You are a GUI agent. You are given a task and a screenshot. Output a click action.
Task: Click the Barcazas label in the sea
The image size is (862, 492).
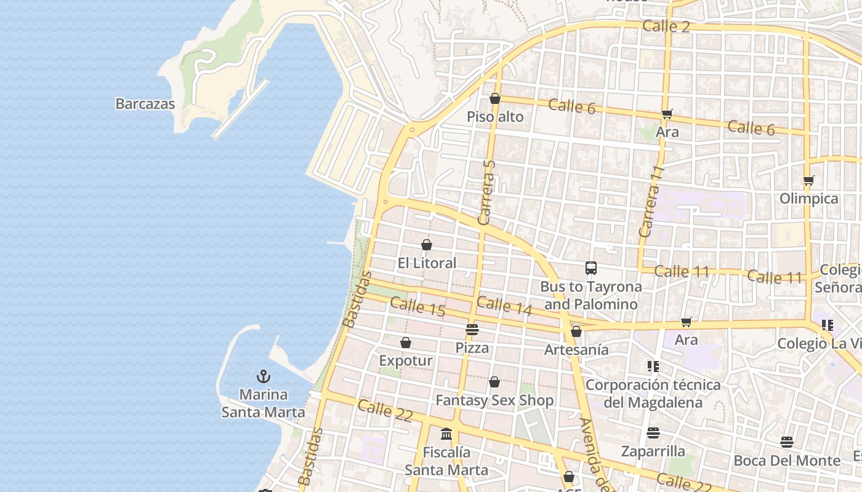[145, 104]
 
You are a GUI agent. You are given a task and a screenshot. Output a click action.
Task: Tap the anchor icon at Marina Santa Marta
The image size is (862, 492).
[264, 376]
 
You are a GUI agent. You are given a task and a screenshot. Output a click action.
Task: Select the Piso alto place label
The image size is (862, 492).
[495, 117]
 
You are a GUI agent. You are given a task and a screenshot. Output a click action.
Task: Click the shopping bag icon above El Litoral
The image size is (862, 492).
[427, 245]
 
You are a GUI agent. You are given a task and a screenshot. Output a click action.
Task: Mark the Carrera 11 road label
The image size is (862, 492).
[651, 201]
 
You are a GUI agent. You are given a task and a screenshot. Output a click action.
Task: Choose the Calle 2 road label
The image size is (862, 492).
[666, 26]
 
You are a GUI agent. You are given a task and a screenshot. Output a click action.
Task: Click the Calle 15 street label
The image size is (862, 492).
[417, 306]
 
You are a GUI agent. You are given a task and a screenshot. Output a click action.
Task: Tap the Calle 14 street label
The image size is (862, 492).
[504, 306]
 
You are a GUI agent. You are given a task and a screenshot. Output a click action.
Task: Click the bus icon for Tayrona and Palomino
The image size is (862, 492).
[591, 268]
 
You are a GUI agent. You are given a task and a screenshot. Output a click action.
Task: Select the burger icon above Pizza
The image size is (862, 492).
[472, 329]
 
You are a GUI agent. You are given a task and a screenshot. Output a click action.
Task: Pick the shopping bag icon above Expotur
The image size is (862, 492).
[406, 343]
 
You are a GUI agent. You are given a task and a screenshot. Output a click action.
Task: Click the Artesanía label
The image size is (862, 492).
[576, 350]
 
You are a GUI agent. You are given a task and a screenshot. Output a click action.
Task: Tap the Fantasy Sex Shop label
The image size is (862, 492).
[494, 400]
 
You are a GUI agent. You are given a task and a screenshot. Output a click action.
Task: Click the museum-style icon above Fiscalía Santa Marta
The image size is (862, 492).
[446, 434]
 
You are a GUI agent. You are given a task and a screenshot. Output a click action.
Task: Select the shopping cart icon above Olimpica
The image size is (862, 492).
[808, 181]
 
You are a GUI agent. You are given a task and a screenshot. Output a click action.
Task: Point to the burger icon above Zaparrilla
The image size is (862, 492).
[653, 432]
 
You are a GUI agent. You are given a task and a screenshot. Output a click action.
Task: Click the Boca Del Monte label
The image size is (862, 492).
[787, 461]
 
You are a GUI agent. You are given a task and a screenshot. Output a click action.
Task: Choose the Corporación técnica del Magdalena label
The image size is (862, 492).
[653, 394]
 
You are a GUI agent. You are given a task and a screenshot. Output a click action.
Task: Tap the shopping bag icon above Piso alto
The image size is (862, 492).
[495, 98]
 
